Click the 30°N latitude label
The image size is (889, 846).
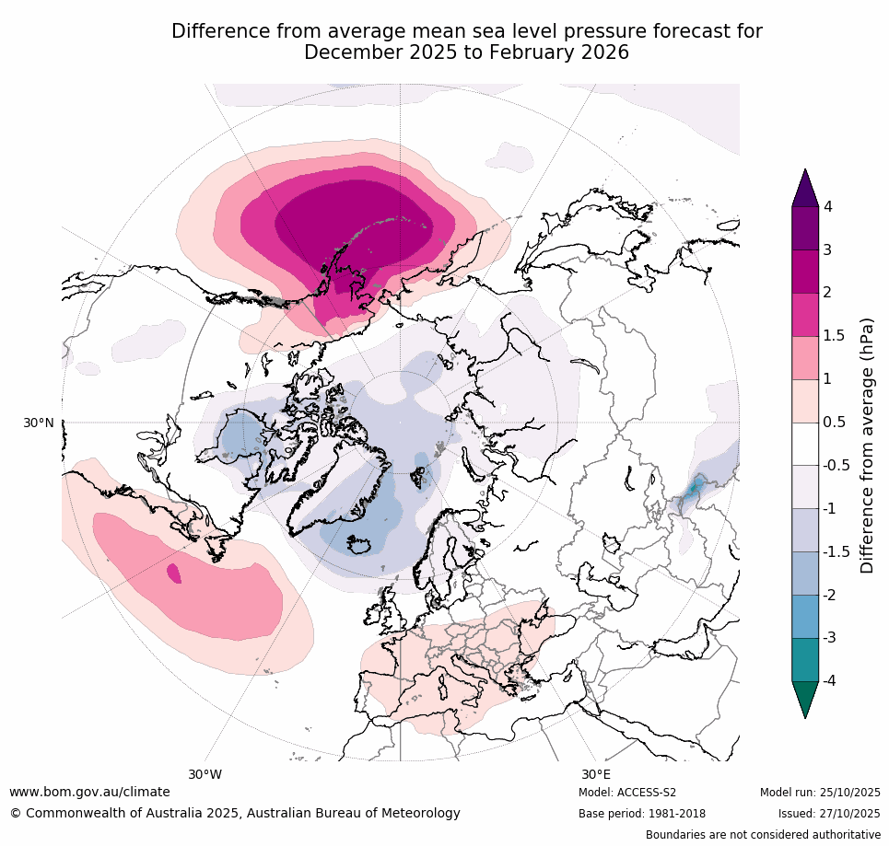click(38, 423)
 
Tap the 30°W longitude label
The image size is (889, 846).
click(205, 774)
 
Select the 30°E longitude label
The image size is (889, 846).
click(596, 774)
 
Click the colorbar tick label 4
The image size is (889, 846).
click(828, 207)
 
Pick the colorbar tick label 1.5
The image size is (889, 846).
click(835, 336)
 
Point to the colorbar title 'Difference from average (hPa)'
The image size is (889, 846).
click(867, 446)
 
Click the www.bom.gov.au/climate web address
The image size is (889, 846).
click(89, 792)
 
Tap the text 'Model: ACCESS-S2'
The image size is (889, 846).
click(627, 793)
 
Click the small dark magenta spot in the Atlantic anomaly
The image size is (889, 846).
click(173, 573)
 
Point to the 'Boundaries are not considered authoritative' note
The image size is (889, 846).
click(763, 835)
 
